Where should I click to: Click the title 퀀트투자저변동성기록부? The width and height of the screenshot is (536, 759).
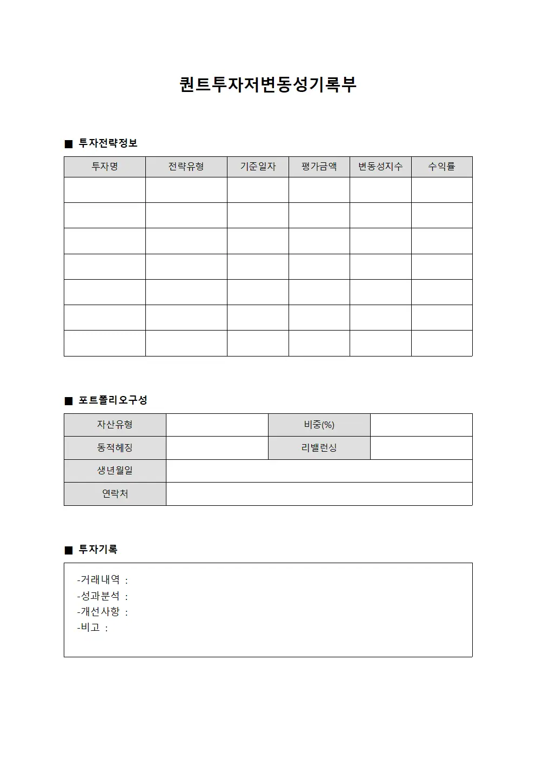tap(268, 85)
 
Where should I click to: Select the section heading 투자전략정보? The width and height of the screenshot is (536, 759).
tap(108, 143)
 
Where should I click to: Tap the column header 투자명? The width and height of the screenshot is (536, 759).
tap(105, 167)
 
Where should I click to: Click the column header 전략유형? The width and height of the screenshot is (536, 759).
tap(186, 167)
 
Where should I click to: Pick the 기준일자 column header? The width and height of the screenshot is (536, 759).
tap(258, 167)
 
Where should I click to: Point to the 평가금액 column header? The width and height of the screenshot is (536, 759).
tap(319, 167)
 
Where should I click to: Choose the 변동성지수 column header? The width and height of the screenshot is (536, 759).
tap(380, 167)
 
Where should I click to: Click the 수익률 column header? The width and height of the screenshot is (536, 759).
tap(441, 167)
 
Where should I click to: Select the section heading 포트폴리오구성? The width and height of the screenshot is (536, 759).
tap(113, 400)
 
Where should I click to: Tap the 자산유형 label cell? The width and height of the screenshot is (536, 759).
tap(115, 425)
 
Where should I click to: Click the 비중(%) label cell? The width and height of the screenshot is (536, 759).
tap(319, 425)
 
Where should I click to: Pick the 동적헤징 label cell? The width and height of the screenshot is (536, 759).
tap(115, 448)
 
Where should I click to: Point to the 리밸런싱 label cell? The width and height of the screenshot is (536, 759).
tap(319, 448)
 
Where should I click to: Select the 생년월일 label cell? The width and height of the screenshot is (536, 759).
tap(115, 471)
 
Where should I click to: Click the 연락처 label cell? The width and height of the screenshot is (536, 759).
tap(115, 494)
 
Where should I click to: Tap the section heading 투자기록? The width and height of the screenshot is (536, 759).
tap(98, 550)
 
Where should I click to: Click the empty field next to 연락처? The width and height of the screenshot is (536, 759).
tap(319, 494)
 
